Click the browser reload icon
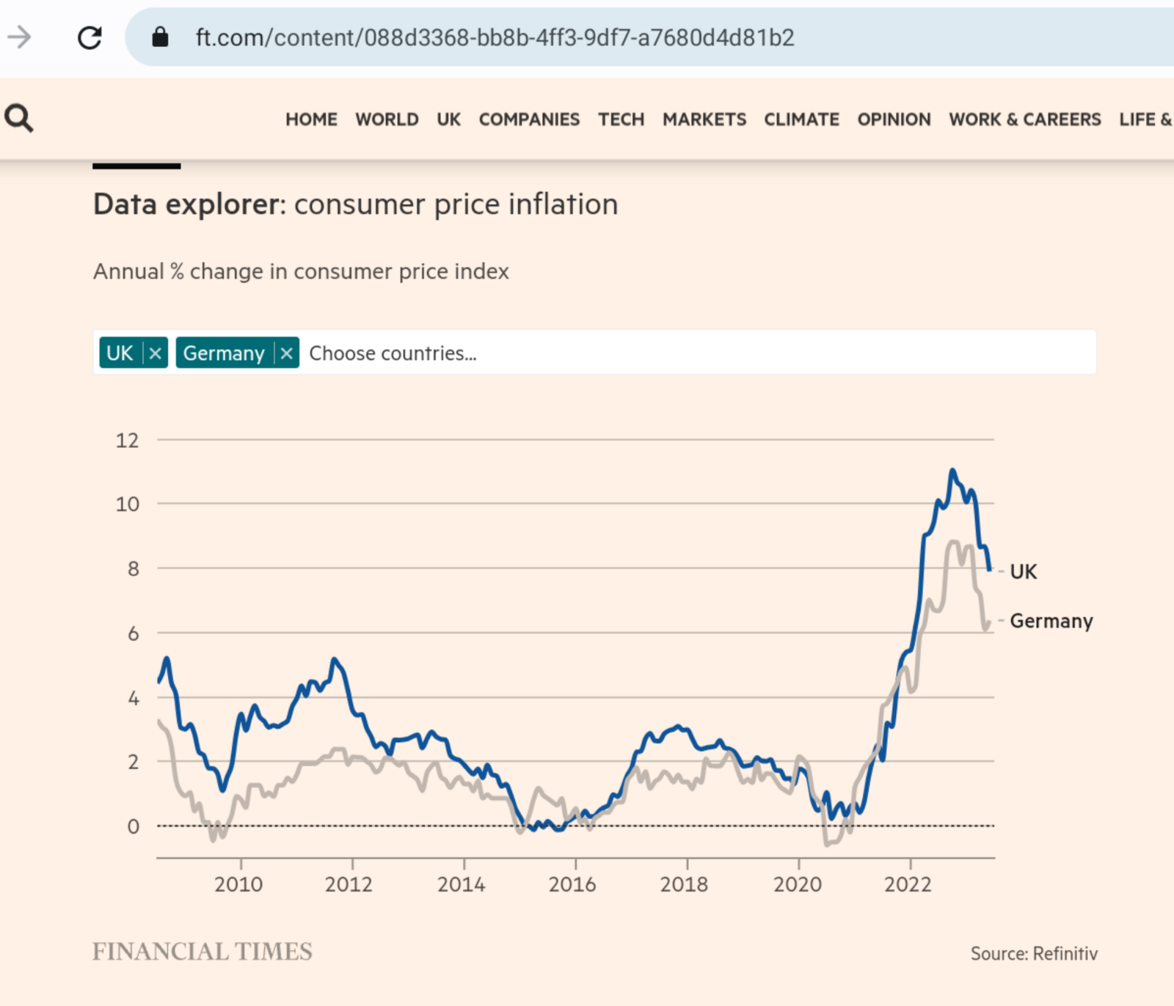click(90, 37)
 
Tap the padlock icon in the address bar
click(160, 37)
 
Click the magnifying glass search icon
click(19, 118)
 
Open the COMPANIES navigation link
click(529, 120)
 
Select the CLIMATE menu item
click(801, 120)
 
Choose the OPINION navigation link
click(894, 120)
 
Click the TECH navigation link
click(621, 120)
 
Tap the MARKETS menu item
click(704, 120)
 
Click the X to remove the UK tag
click(156, 353)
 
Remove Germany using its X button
click(287, 353)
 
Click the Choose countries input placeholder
click(393, 353)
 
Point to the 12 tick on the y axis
click(127, 440)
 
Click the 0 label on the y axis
click(133, 826)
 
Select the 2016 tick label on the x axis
click(572, 884)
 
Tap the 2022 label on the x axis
click(908, 884)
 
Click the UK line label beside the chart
click(1023, 572)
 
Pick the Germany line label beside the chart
click(1051, 621)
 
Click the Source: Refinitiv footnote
click(1034, 953)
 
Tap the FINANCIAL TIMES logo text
click(203, 952)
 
